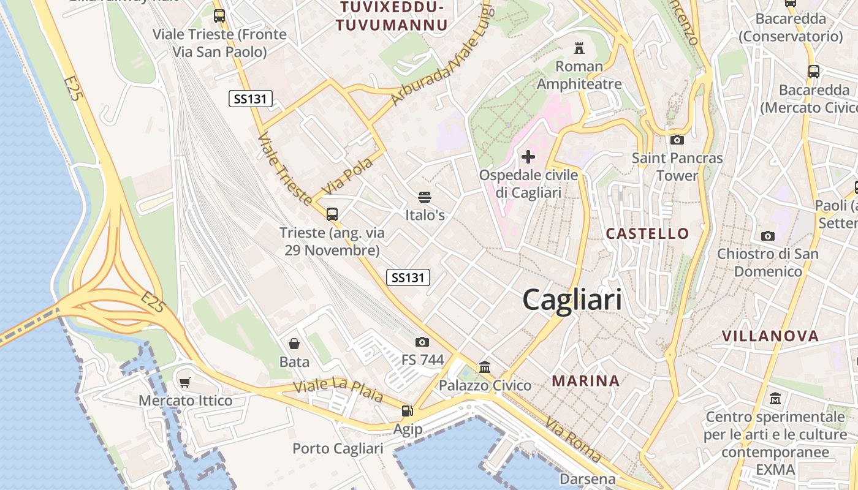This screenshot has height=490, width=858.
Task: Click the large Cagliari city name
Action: point(572,300)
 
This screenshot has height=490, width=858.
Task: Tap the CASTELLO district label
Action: point(647,233)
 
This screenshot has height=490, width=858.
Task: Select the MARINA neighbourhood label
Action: point(585,380)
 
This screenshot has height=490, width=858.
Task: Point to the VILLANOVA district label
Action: point(770,336)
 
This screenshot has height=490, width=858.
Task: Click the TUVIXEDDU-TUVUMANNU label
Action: point(392,16)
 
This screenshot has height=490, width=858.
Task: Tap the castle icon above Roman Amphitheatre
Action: point(579,48)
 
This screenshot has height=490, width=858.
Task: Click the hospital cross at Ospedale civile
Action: point(528,157)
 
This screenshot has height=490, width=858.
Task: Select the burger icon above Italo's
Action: point(425,197)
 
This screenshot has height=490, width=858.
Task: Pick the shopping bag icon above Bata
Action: point(294,344)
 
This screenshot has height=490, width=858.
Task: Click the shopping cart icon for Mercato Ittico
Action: point(185,383)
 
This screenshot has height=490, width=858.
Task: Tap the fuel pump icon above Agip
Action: point(407,411)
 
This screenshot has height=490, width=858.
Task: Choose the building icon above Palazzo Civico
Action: point(485,367)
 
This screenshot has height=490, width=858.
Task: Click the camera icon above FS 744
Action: point(422,342)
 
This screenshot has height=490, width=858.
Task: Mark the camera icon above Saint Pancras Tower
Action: point(677,140)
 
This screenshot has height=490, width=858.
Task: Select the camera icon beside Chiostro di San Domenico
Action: point(767,236)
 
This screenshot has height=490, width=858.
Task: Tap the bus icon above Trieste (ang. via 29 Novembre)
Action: point(332,214)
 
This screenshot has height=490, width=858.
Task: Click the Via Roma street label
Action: point(574,439)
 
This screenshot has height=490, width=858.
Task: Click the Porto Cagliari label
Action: point(338,448)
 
